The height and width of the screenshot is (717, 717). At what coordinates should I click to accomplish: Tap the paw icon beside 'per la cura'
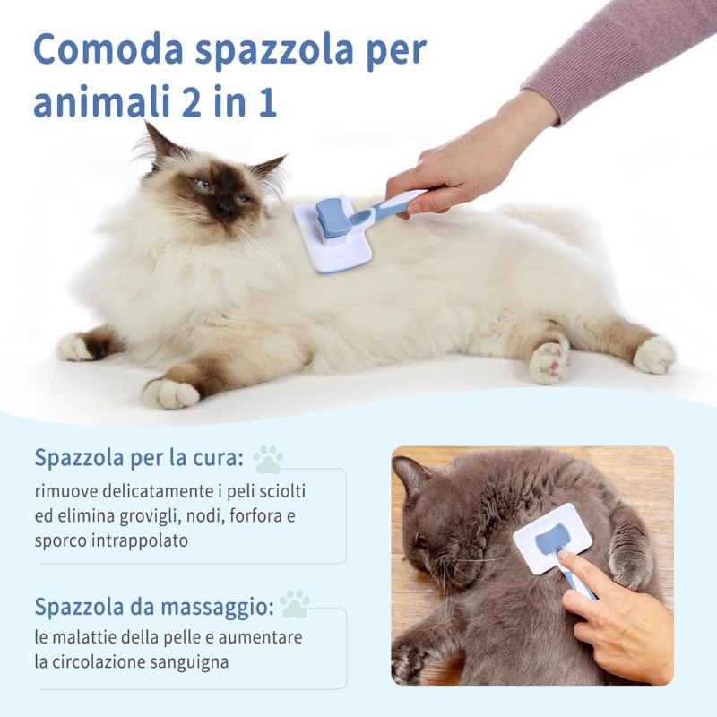coord(268,459)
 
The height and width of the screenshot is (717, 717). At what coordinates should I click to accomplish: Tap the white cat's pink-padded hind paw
coord(549,361)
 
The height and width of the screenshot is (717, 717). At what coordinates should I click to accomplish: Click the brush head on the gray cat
coord(551,539)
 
